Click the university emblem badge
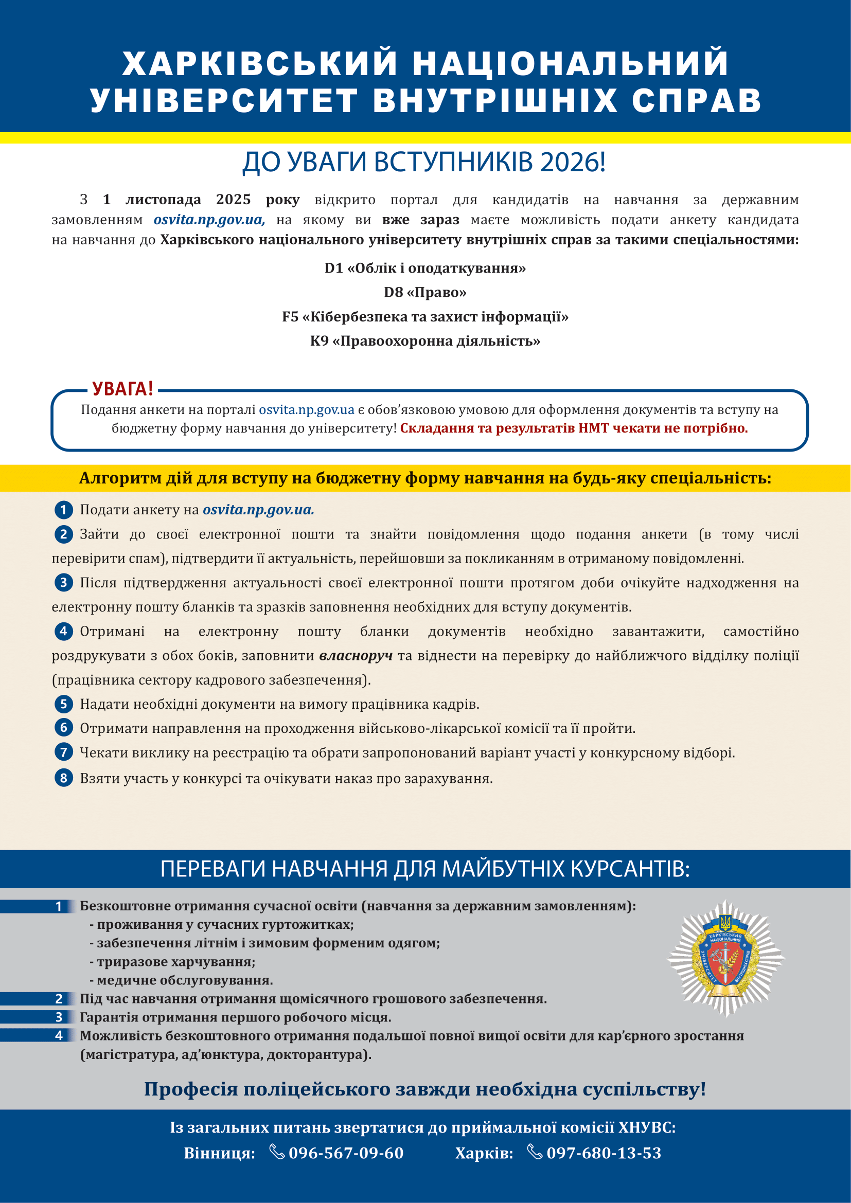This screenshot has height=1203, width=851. tap(726, 958)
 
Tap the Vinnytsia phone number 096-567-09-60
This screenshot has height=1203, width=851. tap(346, 1153)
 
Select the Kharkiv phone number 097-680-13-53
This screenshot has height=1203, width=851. tap(604, 1153)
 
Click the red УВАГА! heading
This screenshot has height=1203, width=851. tap(122, 389)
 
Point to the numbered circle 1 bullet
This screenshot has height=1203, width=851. tap(63, 509)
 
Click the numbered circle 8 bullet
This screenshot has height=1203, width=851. tap(63, 778)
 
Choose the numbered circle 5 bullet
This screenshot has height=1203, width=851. tap(63, 704)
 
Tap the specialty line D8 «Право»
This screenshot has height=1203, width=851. tap(425, 292)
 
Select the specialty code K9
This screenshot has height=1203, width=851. tap(319, 341)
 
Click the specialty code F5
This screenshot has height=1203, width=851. tap(290, 317)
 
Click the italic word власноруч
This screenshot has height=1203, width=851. tap(356, 655)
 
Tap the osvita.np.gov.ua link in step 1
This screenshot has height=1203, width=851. tap(258, 510)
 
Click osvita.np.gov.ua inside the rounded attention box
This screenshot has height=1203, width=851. tap(307, 410)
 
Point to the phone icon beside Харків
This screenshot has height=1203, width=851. tap(535, 1152)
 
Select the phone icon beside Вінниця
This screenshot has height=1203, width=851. tap(277, 1152)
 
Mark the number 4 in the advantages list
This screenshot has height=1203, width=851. tap(59, 1035)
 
